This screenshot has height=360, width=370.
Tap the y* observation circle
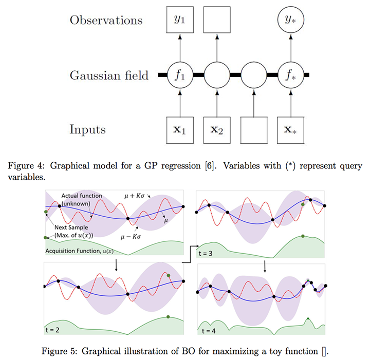tap(291, 21)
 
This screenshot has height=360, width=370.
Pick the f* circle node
tap(291, 75)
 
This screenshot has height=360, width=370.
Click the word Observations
tap(106, 21)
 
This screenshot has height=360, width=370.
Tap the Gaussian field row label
tap(109, 75)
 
